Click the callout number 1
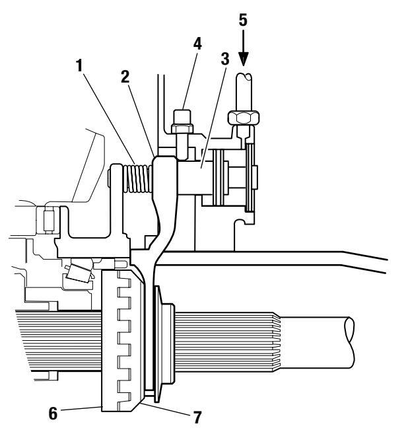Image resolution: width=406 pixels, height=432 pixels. click(80, 65)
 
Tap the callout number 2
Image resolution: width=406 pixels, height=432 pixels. click(125, 77)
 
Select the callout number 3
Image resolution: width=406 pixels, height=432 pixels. click(225, 59)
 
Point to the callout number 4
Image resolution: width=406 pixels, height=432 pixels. click(197, 44)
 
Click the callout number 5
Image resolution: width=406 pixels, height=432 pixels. click(243, 20)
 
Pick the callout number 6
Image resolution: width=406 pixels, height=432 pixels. click(53, 414)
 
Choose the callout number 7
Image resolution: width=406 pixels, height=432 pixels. click(197, 417)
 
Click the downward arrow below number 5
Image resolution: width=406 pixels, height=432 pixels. click(243, 48)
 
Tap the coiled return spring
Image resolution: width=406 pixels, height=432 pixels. click(138, 178)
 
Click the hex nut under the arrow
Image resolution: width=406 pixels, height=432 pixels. click(244, 118)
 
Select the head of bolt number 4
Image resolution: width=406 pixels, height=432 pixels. click(182, 122)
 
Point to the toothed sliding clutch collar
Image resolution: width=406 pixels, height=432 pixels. click(122, 341)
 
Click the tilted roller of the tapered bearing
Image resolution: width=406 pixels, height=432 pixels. click(79, 273)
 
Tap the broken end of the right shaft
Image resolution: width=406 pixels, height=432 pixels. click(349, 342)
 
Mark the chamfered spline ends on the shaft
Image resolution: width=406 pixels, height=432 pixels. click(276, 342)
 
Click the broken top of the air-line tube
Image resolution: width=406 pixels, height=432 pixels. click(244, 75)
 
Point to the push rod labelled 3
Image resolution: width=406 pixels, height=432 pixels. click(195, 178)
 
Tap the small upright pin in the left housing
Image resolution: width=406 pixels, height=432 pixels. click(48, 221)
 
